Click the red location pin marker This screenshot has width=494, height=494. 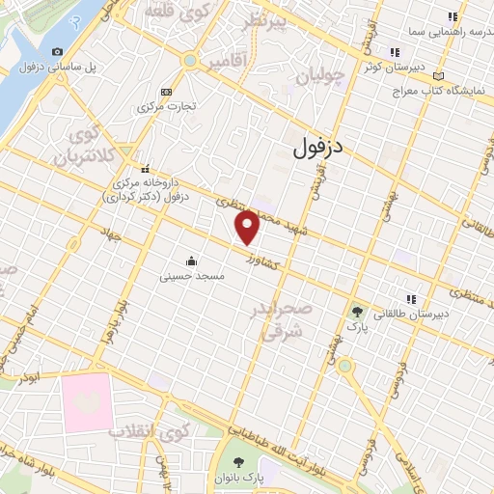click(248, 227)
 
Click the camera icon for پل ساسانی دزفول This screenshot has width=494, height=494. click(58, 51)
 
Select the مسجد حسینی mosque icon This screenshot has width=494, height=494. click(191, 261)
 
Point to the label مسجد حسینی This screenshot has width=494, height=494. click(193, 276)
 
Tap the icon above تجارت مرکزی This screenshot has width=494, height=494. click(167, 92)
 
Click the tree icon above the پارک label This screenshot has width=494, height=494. click(358, 312)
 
